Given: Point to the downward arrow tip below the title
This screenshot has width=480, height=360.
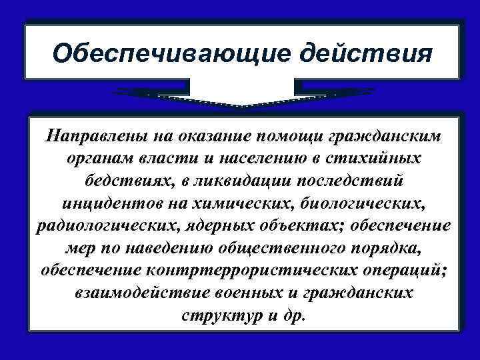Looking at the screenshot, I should pyautogui.click(x=244, y=105).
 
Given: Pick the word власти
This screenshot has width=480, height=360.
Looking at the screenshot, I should pyautogui.click(x=177, y=159).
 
